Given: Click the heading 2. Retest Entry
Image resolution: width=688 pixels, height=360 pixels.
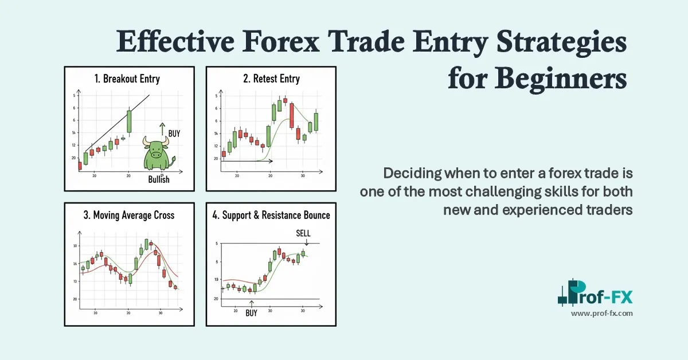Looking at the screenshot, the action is pos(271,79).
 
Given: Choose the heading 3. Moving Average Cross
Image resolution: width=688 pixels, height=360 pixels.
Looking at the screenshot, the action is pos(128,216).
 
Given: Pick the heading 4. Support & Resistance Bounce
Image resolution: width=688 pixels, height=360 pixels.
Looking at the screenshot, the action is pos(271,216).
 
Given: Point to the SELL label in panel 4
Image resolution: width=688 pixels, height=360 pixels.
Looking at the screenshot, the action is pos(303,233).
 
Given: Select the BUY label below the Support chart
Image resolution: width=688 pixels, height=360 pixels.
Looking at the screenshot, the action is pos(251,314).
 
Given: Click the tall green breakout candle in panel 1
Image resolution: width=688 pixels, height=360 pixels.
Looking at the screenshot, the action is pos(129,122).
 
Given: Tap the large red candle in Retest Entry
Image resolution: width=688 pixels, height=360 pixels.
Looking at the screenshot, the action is pos(292,115).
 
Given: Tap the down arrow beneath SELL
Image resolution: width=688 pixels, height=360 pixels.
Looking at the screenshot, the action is pos(307,242).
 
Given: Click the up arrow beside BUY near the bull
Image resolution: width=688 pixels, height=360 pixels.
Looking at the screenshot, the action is pos(163,128).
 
